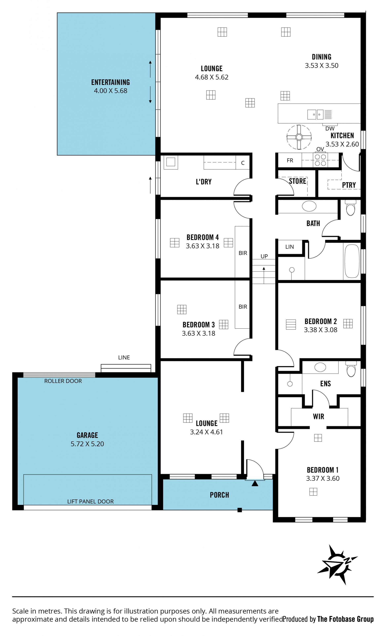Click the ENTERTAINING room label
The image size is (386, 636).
pos(111,82)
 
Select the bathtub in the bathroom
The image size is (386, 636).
pos(352,261)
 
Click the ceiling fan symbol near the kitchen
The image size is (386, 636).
pos(299,137)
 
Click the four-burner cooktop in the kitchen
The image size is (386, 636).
pos(320,160)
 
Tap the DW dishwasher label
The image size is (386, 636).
pos(330,128)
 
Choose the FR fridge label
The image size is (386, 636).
pos(290,161)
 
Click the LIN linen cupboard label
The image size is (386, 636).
pos(290,247)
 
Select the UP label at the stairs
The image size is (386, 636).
pos(264,256)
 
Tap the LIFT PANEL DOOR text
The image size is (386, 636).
pos(90,501)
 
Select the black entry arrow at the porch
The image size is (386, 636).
pos(255,483)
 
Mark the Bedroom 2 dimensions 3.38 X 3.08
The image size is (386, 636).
pos(320,330)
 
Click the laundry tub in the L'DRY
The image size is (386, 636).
pos(171,162)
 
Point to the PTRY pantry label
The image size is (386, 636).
pos(349,185)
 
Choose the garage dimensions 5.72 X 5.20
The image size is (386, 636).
pos(87,444)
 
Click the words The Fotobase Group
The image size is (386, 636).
pos(345,619)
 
